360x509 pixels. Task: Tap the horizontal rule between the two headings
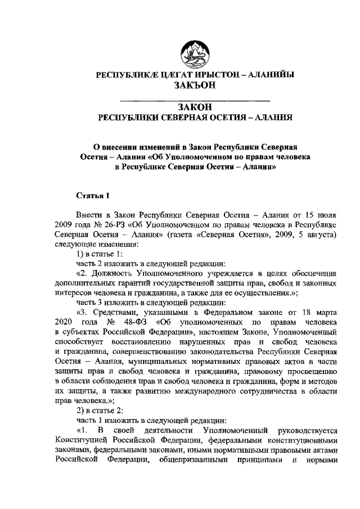pos(195,99)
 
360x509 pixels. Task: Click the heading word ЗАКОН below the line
pos(194,107)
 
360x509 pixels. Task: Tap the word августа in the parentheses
pos(319,236)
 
